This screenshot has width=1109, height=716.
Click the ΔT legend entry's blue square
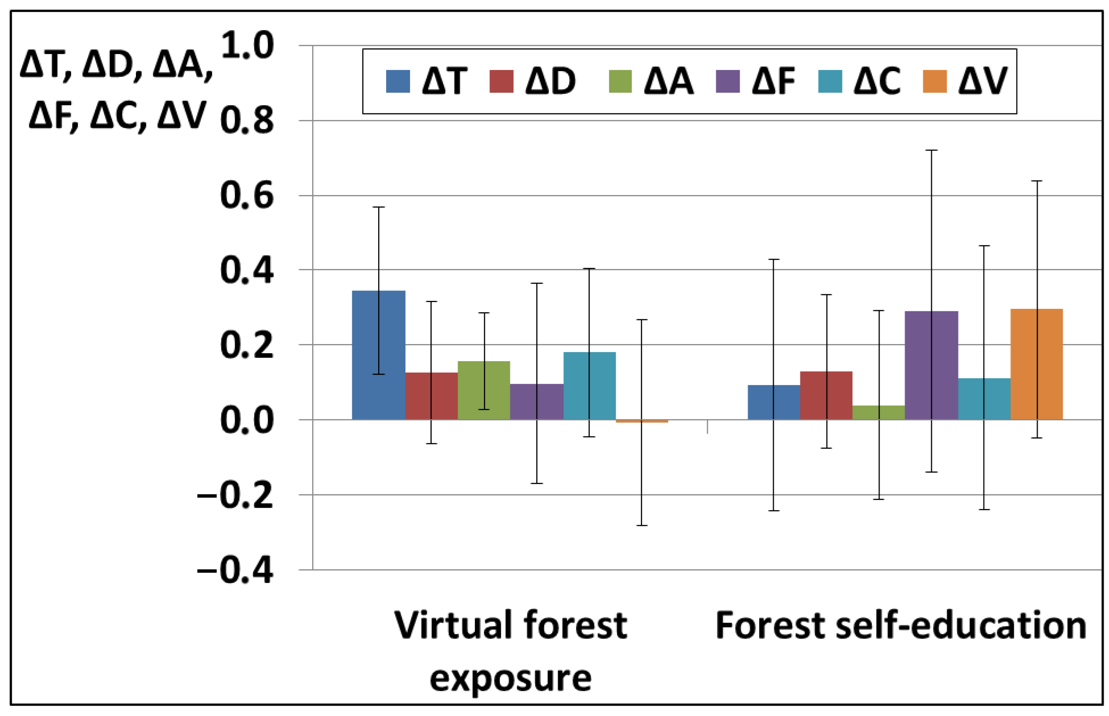point(398,81)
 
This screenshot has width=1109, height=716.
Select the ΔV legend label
point(983,81)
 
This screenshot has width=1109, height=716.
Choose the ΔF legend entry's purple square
point(727,81)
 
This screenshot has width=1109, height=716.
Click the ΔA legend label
point(669,81)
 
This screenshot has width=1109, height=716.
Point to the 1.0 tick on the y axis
point(247,46)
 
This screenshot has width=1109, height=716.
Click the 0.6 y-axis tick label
point(247,196)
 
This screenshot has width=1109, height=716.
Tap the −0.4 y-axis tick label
point(236,570)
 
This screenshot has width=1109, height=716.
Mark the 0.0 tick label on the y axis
point(247,420)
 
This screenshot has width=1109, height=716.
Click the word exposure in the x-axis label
point(510,679)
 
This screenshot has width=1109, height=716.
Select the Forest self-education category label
point(900,626)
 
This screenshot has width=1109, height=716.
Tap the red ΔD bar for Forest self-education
point(826,395)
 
